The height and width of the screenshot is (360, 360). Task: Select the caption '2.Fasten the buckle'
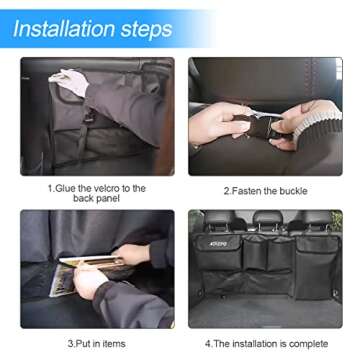tap(265, 189)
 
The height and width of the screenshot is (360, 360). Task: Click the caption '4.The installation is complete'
tap(265, 343)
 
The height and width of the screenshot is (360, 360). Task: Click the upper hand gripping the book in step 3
tap(130, 256)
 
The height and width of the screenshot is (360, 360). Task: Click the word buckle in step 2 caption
tap(291, 189)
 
